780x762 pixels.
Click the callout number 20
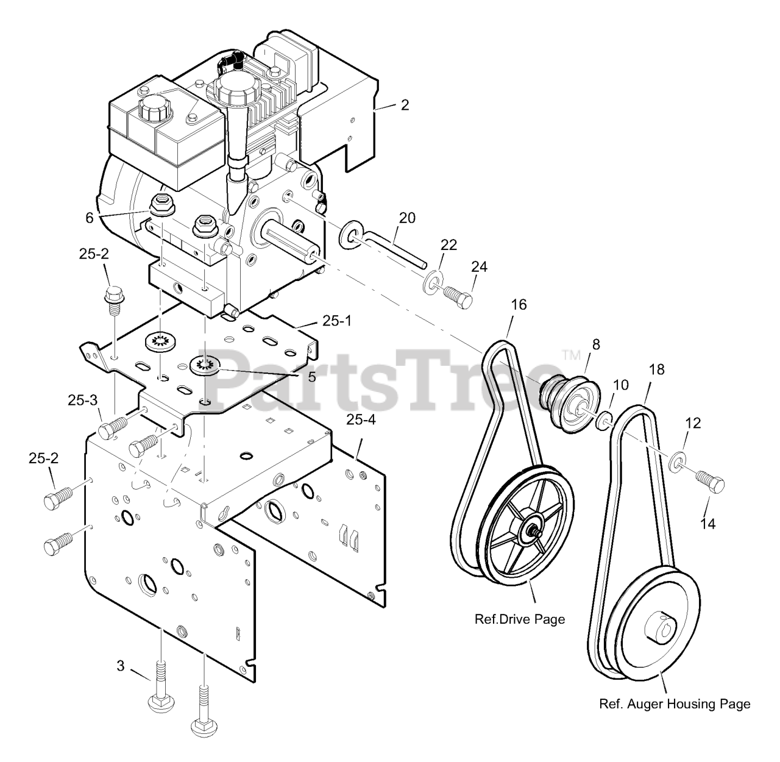pyautogui.click(x=407, y=218)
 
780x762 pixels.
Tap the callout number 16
pyautogui.click(x=519, y=304)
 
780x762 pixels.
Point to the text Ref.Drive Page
pyautogui.click(x=519, y=619)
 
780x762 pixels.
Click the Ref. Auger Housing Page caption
pyautogui.click(x=675, y=704)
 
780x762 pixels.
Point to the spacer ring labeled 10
pyautogui.click(x=604, y=421)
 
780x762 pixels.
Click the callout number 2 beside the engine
pyautogui.click(x=405, y=105)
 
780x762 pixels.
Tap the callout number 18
pyautogui.click(x=657, y=369)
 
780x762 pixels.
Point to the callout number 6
pyautogui.click(x=89, y=218)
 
